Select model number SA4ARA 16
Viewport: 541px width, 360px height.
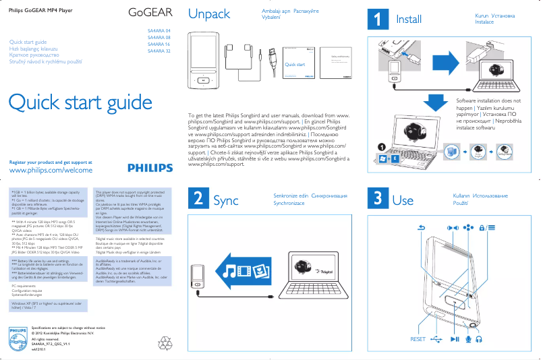tap(159, 44)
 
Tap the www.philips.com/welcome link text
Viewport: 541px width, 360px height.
tap(50, 171)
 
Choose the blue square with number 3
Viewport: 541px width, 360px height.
tap(378, 199)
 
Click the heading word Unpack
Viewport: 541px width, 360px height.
tap(209, 14)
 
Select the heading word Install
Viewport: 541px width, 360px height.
tap(409, 20)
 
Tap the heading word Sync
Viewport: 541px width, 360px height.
tap(225, 200)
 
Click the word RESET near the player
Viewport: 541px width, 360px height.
tap(418, 339)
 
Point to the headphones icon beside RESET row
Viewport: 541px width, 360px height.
tap(479, 339)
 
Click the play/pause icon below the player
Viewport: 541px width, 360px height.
tap(455, 339)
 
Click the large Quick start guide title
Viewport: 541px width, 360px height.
tap(80, 102)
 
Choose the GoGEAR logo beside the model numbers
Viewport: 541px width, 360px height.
tap(150, 12)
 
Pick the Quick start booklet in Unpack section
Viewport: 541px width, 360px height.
tap(296, 65)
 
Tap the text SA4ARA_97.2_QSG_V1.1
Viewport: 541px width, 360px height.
tap(51, 344)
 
